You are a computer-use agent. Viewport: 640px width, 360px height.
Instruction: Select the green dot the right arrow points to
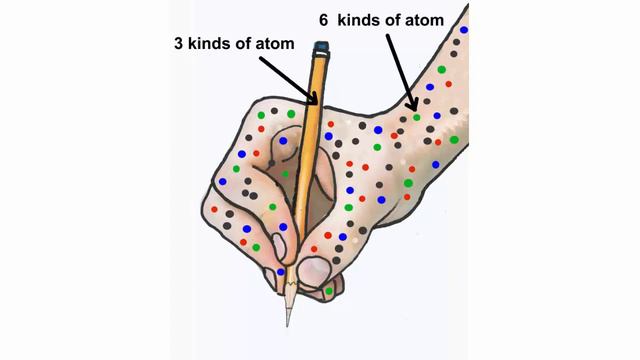click(x=417, y=117)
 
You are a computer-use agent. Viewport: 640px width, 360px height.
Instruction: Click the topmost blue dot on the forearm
click(x=464, y=30)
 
